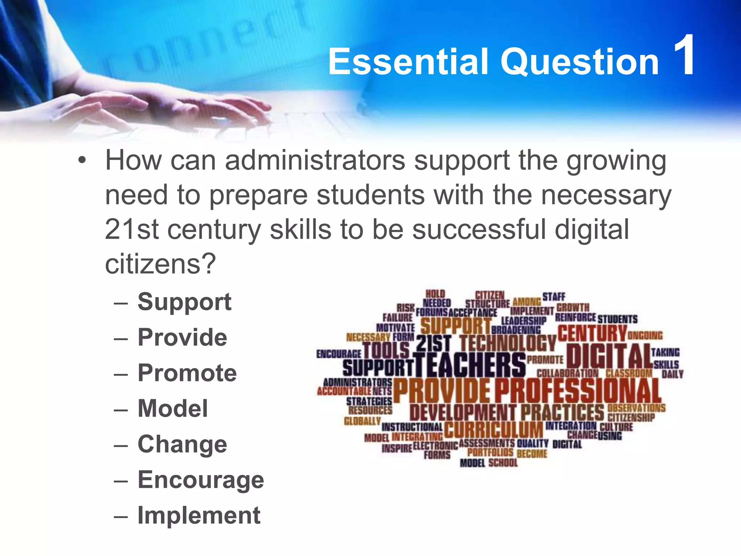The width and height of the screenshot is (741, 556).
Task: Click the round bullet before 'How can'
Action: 82,160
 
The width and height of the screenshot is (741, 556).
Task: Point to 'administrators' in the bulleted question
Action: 315,160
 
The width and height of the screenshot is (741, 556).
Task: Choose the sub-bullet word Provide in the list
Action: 182,337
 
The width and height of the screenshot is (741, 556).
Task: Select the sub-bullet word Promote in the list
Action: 187,373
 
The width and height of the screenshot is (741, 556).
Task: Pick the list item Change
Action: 182,444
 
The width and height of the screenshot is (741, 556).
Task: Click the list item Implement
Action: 199,515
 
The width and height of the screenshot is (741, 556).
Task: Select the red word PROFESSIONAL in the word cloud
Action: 578,391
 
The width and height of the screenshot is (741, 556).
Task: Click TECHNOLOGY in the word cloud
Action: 508,342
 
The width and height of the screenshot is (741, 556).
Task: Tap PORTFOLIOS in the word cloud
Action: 490,452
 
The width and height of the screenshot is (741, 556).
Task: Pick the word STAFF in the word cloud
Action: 554,297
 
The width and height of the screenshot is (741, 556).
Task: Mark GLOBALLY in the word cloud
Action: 362,421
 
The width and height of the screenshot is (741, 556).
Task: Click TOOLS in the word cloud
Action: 386,350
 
